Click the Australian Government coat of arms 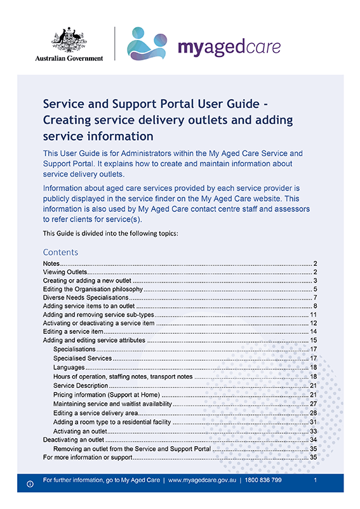click(69, 39)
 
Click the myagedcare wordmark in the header click(229, 48)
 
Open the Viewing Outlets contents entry click(65, 272)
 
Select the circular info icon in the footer click(29, 484)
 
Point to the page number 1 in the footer click(316, 481)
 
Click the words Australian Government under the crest click(69, 58)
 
